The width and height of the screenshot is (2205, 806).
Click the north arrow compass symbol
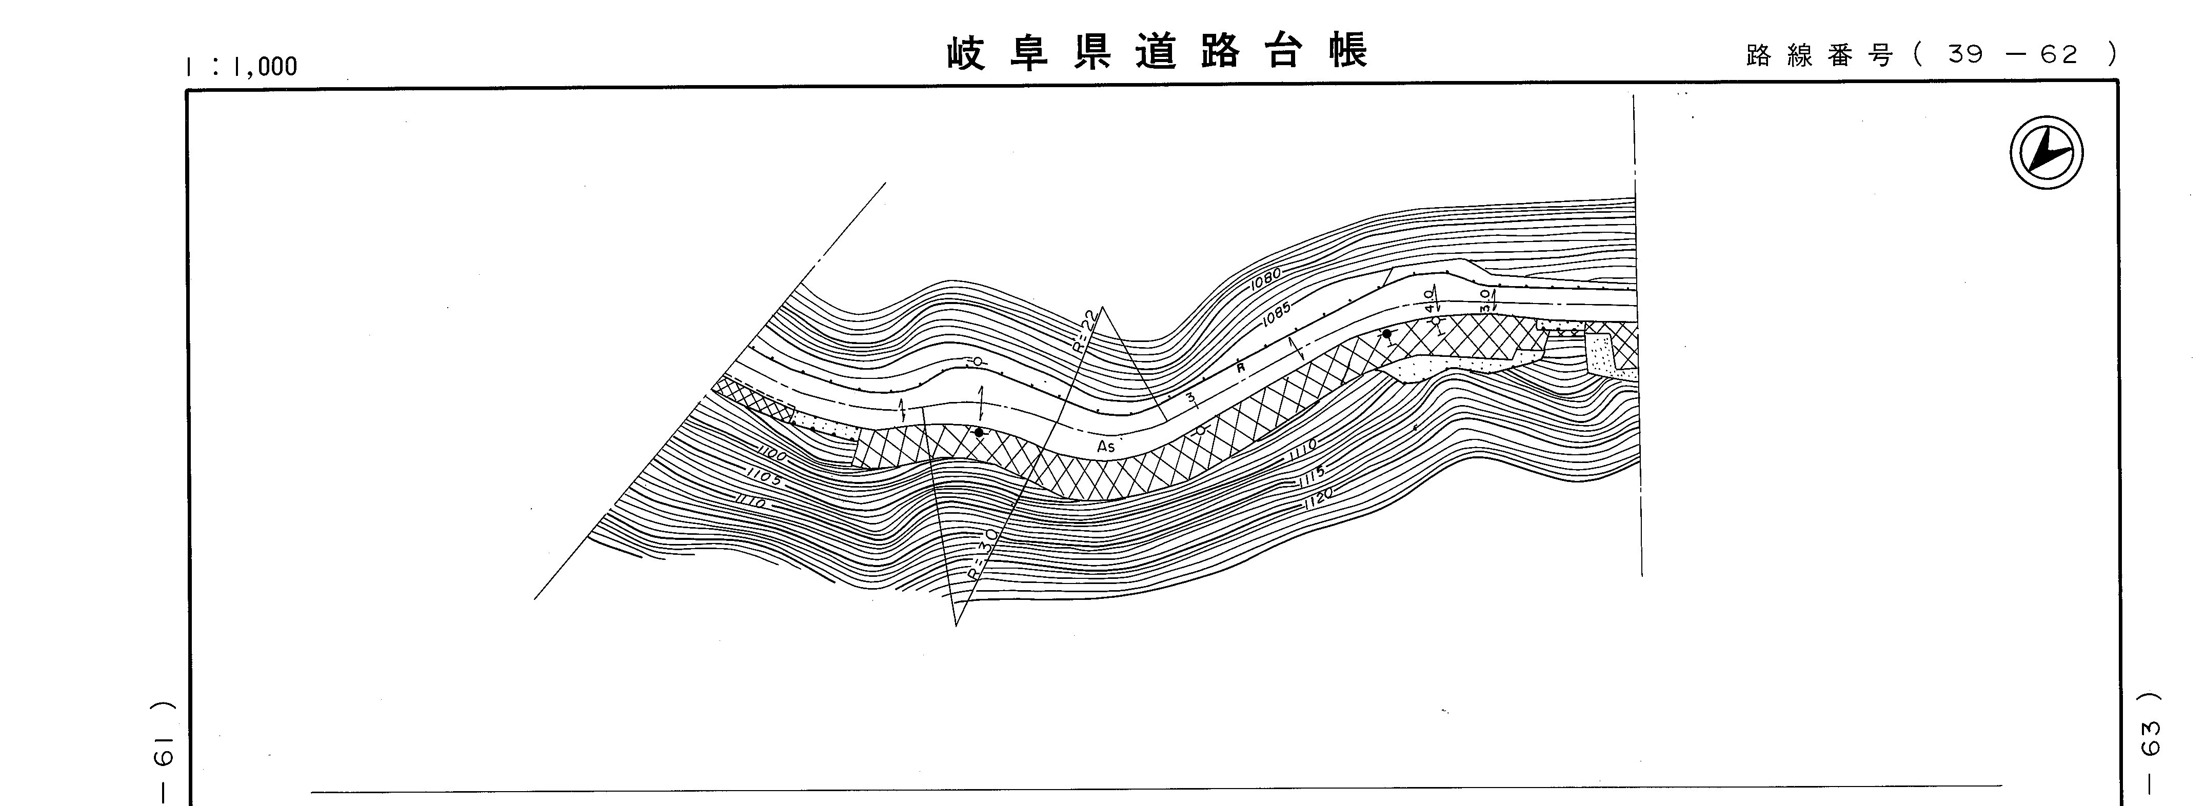(x=2046, y=154)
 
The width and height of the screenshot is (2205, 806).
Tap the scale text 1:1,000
(x=242, y=66)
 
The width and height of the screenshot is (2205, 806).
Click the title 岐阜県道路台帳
(x=1157, y=51)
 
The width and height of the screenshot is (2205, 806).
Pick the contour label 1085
(x=1276, y=316)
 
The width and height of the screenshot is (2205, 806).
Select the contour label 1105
(x=764, y=477)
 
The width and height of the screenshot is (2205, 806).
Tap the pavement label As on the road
(x=1106, y=446)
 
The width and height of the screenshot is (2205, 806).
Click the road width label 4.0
(x=1429, y=299)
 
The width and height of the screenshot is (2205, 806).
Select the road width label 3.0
(x=1486, y=298)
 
